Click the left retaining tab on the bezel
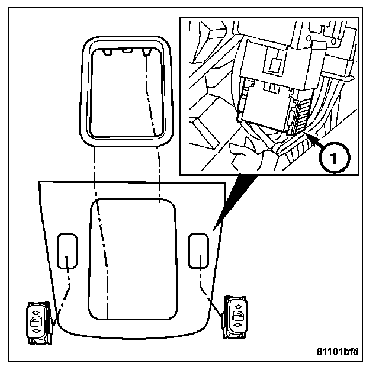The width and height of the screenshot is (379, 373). point(107,53)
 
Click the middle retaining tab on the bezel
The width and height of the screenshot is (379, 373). point(126,52)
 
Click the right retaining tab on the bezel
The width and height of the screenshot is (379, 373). point(146,53)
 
